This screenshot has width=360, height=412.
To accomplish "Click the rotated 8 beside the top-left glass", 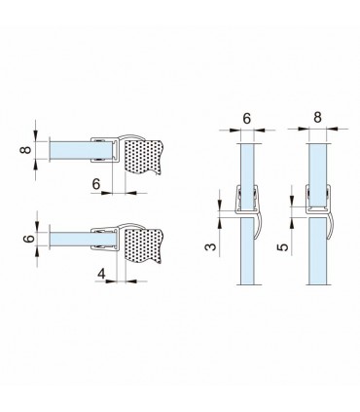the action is [26, 150].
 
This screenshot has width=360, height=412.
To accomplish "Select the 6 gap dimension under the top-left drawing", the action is [96, 184].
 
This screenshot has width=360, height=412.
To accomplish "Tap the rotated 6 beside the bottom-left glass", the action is [29, 239].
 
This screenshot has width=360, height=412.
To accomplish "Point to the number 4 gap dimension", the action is [102, 274].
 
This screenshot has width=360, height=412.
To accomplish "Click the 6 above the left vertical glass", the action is [247, 119].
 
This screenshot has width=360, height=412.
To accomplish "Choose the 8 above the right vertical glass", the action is [318, 117].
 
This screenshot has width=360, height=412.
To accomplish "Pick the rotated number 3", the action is [211, 246].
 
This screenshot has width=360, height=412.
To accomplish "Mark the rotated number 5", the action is [283, 247].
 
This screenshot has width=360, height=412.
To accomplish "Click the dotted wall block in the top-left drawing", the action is [143, 157].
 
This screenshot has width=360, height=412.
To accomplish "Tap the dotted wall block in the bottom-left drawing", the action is [143, 245].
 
